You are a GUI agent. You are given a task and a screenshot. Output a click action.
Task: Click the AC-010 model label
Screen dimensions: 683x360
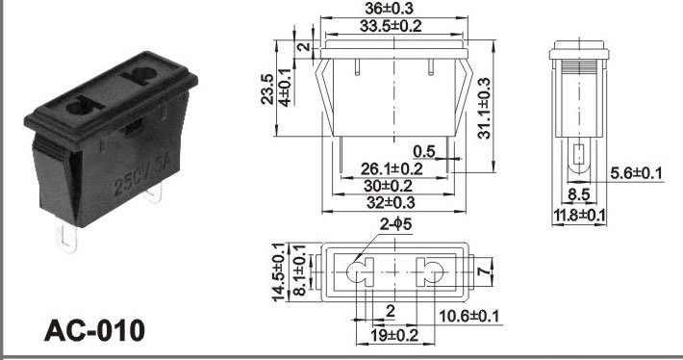pos(94,330)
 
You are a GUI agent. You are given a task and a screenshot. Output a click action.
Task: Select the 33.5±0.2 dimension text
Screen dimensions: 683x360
pos(391,26)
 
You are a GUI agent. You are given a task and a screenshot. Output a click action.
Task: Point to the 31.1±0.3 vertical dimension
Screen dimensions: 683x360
pos(484,108)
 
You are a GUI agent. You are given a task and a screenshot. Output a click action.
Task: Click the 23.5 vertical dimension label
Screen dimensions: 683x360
pos(267,89)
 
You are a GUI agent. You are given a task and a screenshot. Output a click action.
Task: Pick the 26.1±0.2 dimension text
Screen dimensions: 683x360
pos(392,169)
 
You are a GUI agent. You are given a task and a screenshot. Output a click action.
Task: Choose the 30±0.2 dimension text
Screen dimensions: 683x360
pos(388,186)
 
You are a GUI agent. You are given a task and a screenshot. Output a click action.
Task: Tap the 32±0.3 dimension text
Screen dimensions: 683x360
pos(391,203)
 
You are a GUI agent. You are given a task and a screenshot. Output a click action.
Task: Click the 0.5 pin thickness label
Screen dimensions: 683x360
pos(424,151)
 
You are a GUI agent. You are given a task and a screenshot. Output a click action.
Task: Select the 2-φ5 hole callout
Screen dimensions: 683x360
pos(395,224)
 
